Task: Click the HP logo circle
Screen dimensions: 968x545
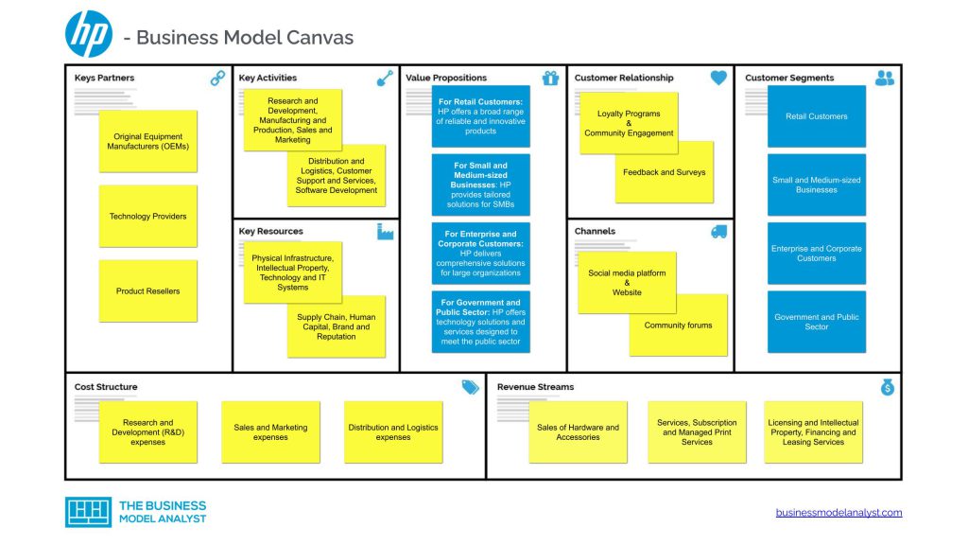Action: pyautogui.click(x=89, y=35)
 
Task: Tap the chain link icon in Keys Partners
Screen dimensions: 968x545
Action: pyautogui.click(x=218, y=78)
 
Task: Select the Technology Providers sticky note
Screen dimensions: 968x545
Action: pyautogui.click(x=148, y=217)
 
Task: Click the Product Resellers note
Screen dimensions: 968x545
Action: pyautogui.click(x=148, y=291)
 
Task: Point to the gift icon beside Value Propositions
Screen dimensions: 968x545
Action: pyautogui.click(x=551, y=78)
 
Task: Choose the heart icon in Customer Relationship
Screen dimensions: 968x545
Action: pyautogui.click(x=718, y=78)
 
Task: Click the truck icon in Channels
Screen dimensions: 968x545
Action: pyautogui.click(x=718, y=232)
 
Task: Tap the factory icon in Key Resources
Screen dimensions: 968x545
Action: pyautogui.click(x=386, y=232)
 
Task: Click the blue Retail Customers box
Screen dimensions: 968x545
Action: pyautogui.click(x=817, y=116)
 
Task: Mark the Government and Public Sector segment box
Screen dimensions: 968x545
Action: pyautogui.click(x=817, y=322)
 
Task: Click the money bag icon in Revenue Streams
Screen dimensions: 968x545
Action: pyautogui.click(x=888, y=387)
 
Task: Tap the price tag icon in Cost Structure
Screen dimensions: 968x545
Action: pyautogui.click(x=471, y=387)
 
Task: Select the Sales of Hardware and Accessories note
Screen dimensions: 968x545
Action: pyautogui.click(x=578, y=432)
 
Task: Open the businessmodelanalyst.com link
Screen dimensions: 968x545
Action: pyautogui.click(x=839, y=512)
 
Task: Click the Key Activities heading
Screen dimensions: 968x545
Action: pyautogui.click(x=268, y=78)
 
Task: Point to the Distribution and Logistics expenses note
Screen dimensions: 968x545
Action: pyautogui.click(x=393, y=432)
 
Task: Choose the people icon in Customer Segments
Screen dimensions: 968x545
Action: pyautogui.click(x=885, y=78)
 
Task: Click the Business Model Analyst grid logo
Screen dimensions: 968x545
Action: pyautogui.click(x=88, y=512)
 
